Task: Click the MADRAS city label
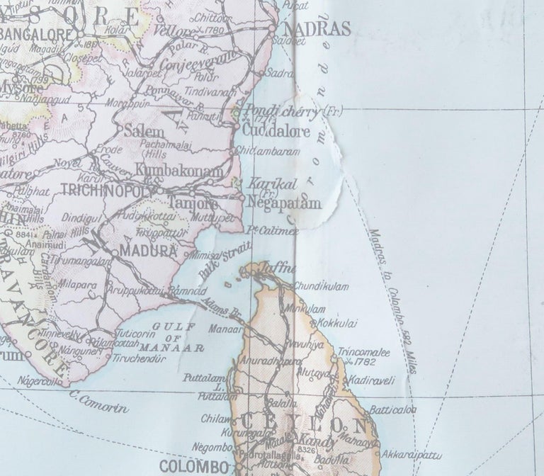pos(317,29)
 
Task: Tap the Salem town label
pos(144,132)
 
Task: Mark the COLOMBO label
pos(193,467)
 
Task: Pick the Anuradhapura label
pos(266,359)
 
